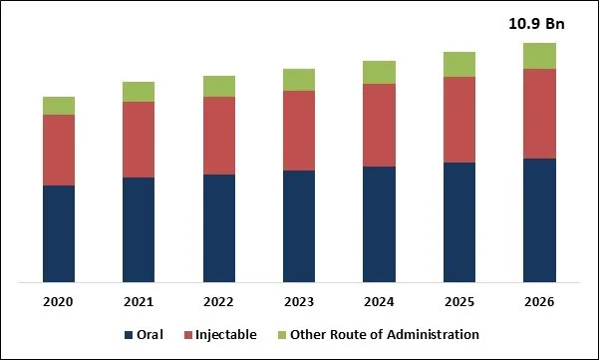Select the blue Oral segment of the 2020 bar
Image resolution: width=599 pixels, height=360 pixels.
(59, 233)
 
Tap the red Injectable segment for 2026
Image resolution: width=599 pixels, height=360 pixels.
(539, 113)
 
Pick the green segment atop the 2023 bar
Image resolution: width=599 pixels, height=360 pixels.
(299, 80)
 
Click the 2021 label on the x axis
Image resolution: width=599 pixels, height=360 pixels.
(139, 301)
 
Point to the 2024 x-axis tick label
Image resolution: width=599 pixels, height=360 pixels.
(379, 301)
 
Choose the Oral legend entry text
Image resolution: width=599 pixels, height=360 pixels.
(150, 335)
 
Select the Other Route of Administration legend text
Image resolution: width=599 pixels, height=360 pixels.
(388, 335)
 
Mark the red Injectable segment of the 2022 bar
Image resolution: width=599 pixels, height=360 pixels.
(219, 136)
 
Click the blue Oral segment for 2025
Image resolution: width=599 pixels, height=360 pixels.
(459, 221)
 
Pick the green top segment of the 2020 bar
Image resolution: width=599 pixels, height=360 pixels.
(59, 106)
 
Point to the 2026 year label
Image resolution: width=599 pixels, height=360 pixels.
(539, 301)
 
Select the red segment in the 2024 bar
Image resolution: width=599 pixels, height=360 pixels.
(379, 125)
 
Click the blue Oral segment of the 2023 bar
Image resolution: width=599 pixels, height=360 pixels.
(299, 226)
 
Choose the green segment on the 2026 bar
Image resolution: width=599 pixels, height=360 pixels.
(539, 56)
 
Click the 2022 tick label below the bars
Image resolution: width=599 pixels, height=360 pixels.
(219, 301)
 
